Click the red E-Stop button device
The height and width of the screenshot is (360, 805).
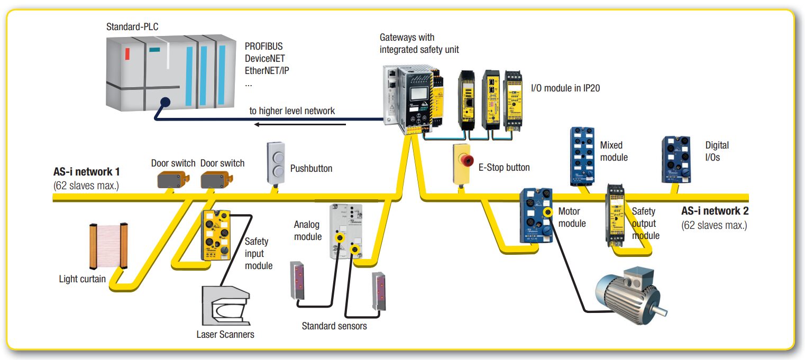coord(462,164)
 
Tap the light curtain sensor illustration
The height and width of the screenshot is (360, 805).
coord(109,246)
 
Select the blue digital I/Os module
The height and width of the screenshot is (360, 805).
coord(677,160)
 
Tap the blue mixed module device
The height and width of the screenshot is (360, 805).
coord(583,156)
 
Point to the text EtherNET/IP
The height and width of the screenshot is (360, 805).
coord(267,70)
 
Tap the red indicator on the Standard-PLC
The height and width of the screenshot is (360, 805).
coord(127,53)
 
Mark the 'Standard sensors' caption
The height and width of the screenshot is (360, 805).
coord(334,326)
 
